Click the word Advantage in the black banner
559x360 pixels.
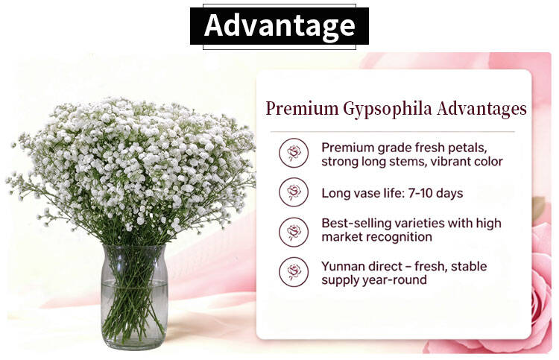point(279,25)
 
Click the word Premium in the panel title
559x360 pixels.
point(302,108)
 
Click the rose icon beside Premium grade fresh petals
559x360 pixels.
point(294,153)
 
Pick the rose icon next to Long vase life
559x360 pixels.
point(294,192)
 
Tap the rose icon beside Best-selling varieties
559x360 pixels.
point(294,232)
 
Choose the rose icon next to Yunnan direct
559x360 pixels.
point(294,272)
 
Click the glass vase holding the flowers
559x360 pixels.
point(134,297)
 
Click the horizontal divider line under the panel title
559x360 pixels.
point(393,131)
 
